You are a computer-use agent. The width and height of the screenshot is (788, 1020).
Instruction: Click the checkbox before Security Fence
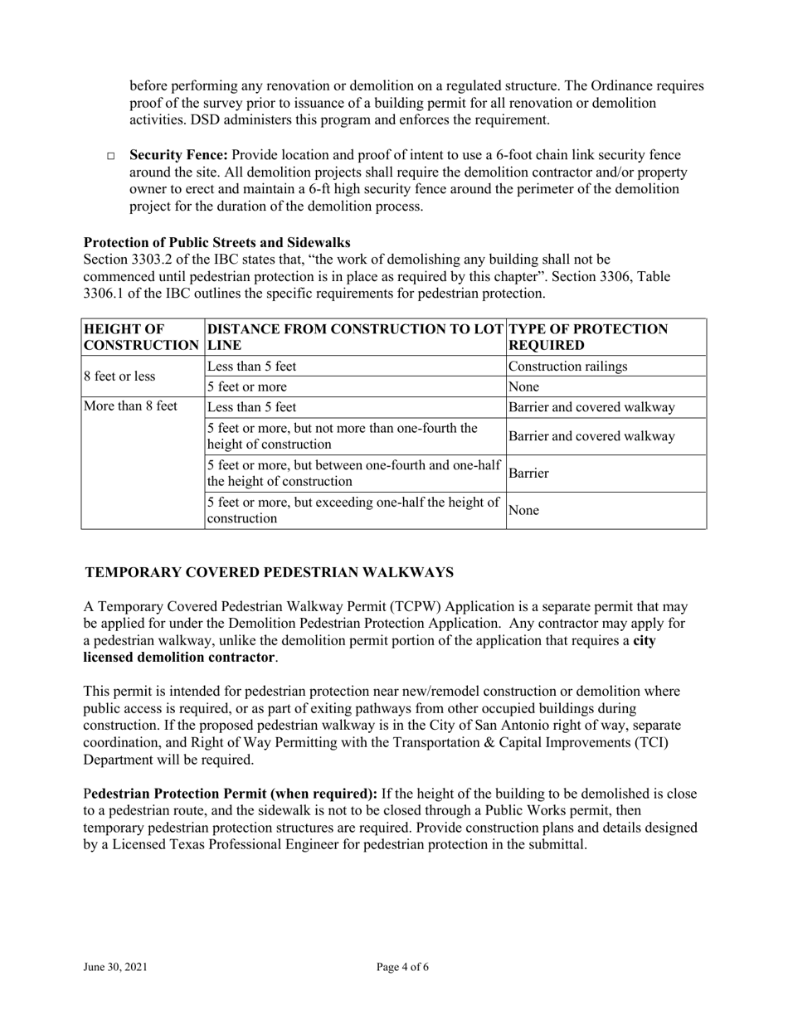(x=113, y=157)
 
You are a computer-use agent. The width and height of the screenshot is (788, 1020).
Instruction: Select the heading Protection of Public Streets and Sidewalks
(x=216, y=242)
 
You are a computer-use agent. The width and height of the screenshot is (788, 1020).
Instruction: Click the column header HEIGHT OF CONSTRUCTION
(x=141, y=337)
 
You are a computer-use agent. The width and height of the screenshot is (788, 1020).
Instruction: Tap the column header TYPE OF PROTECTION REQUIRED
(x=588, y=337)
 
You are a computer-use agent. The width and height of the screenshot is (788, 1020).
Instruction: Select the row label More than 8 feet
(x=131, y=407)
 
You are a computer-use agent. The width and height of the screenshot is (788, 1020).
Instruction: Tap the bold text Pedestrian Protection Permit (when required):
(x=234, y=794)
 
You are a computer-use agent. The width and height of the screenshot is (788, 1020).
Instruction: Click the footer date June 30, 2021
(x=115, y=967)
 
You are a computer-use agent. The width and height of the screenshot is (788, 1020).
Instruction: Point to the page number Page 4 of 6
(x=402, y=967)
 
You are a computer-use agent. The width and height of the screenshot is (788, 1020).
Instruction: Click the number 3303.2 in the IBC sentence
(x=158, y=260)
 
